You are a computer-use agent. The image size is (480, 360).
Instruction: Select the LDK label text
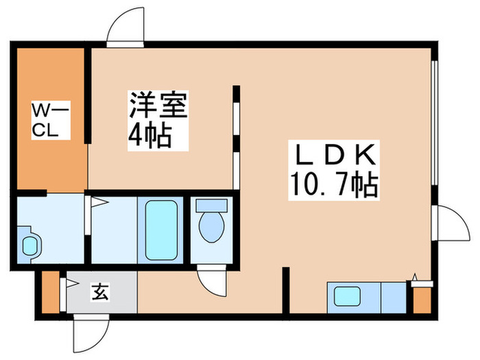tap(335, 154)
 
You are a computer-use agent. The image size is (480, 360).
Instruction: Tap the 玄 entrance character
tap(100, 293)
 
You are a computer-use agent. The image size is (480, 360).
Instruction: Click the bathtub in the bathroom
tap(163, 228)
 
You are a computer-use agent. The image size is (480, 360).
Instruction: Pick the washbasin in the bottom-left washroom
tap(31, 245)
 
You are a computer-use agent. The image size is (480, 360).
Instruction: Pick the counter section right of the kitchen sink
tap(394, 297)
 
